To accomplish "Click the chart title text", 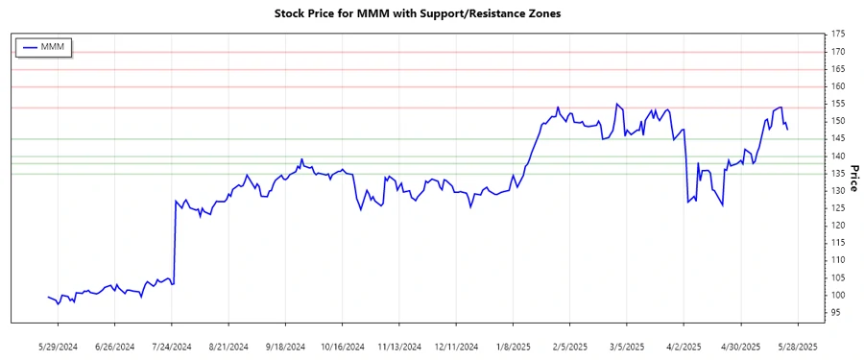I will [x=430, y=15].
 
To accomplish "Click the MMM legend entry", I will [x=55, y=47].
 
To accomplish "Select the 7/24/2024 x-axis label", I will [x=173, y=346].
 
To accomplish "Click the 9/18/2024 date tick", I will [x=285, y=346].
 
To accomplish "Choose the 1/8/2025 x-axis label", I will [x=514, y=346].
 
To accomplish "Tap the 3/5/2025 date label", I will [x=627, y=346].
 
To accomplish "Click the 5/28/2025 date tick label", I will [x=797, y=346].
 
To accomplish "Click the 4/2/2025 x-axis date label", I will [x=684, y=346].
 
